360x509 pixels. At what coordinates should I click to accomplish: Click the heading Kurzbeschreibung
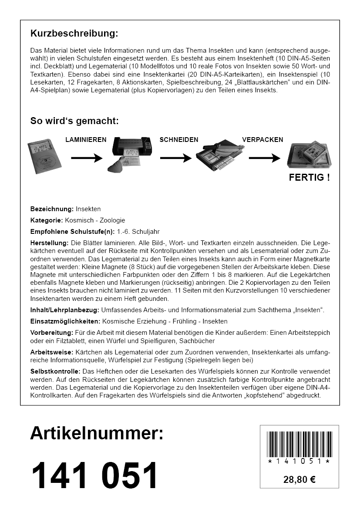[74, 34]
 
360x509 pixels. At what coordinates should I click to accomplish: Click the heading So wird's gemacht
[74, 121]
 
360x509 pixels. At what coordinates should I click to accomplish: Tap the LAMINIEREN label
[86, 140]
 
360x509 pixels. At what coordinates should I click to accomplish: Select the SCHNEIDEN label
[179, 140]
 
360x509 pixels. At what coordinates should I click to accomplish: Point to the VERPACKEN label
[262, 140]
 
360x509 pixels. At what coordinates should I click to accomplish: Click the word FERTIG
[309, 177]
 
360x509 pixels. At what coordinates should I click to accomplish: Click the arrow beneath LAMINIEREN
[86, 158]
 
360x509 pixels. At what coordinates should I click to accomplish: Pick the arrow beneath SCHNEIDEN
[175, 158]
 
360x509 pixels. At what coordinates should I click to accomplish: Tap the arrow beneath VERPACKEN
[264, 158]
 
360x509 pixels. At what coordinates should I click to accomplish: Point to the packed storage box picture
[310, 155]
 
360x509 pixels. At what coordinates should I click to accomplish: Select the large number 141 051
[94, 476]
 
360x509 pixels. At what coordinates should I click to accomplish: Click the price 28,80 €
[299, 480]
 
